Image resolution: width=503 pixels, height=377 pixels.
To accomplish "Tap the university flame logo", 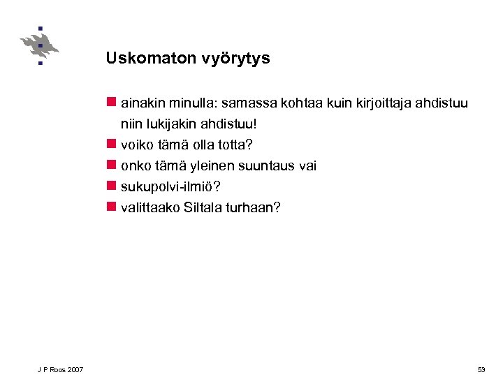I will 39,46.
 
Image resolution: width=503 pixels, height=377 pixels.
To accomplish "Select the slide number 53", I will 481,369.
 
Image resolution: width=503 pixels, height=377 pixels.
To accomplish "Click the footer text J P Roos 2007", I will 61,369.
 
